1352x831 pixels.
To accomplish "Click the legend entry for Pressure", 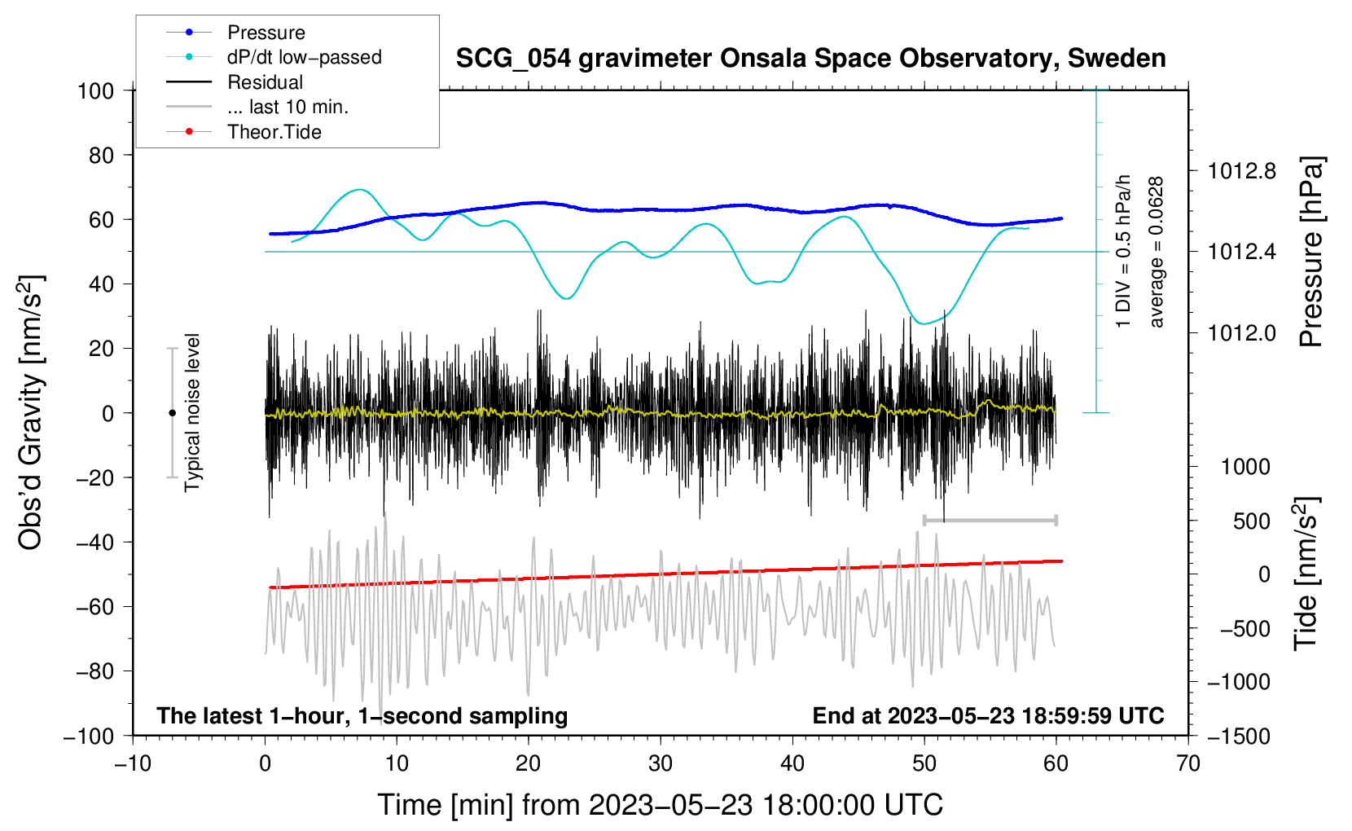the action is (x=236, y=32).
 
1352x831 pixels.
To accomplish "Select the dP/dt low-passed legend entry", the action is (x=274, y=57).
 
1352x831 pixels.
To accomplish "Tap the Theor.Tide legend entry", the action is (x=244, y=132).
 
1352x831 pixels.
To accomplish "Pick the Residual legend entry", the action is (x=235, y=82).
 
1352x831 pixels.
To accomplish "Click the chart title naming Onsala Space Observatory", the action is (x=810, y=59).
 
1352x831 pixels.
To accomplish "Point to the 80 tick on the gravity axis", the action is (x=101, y=156).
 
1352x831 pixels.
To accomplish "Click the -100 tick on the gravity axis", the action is (x=89, y=736).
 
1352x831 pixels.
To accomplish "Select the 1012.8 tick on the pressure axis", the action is (x=1241, y=172).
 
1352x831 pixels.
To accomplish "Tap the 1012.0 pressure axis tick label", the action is (x=1241, y=332).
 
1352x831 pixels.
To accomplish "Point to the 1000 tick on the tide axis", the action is (x=1246, y=467).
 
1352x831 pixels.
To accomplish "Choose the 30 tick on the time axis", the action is (x=661, y=764).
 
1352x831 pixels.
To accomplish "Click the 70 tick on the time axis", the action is (x=1187, y=764).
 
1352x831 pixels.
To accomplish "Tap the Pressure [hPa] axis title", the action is (x=1310, y=252).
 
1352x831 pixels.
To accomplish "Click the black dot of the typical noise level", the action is (x=172, y=413).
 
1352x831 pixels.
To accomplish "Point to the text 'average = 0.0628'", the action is (x=1156, y=253).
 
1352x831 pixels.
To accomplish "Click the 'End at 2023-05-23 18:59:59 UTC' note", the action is (x=988, y=715).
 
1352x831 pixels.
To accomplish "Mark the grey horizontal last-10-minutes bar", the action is (x=990, y=520).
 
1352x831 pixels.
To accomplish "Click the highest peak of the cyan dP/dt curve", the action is (x=360, y=190).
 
